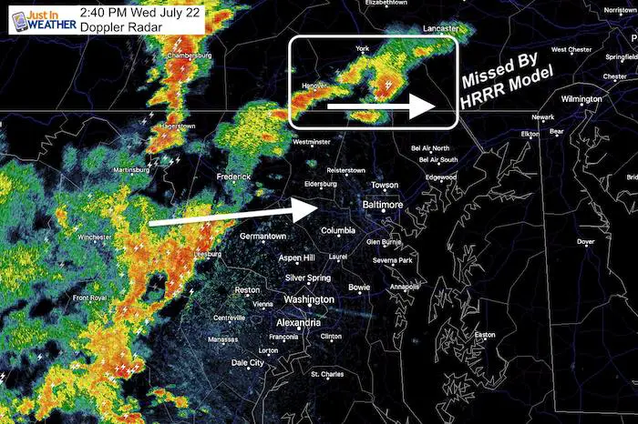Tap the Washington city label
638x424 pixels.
308,299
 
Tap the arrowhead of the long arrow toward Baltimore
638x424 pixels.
305,208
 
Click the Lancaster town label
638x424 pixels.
441,29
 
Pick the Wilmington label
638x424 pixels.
581,98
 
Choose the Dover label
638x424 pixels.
586,242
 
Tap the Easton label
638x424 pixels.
484,335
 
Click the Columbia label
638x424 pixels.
338,230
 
